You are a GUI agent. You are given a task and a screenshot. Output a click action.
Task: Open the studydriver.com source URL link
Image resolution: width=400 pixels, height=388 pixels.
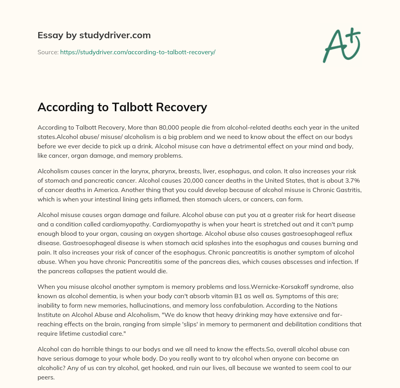point(137,52)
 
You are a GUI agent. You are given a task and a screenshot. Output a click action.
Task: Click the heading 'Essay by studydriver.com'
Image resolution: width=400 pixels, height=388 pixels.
point(94,35)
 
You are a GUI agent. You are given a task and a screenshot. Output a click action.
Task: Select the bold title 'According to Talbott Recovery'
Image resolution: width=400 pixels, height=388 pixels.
point(122,107)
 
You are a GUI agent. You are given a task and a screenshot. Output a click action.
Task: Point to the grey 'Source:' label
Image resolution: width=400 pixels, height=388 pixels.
point(48,52)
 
